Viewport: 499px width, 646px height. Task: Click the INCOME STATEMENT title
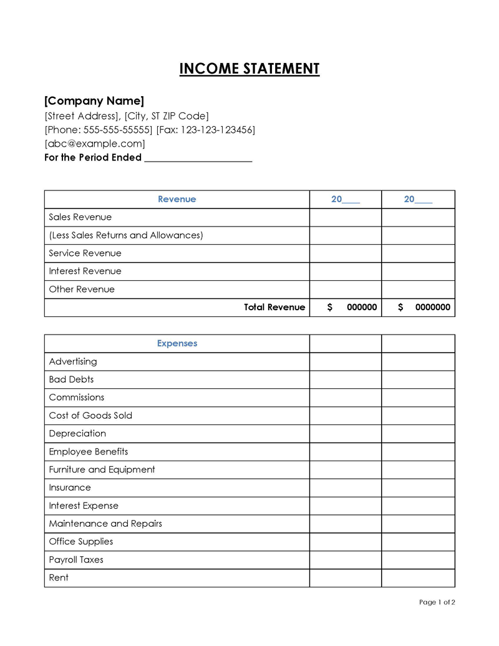click(249, 69)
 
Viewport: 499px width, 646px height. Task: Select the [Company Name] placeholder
click(94, 100)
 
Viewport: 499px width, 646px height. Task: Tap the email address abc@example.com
click(95, 144)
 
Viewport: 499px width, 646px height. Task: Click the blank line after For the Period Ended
click(198, 158)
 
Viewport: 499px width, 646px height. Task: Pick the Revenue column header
click(177, 199)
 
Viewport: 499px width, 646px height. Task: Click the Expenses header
click(177, 343)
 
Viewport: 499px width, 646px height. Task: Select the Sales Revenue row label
click(80, 217)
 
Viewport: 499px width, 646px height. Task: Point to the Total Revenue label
click(274, 307)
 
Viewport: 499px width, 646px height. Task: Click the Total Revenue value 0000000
click(432, 307)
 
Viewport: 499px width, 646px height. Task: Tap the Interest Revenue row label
click(85, 271)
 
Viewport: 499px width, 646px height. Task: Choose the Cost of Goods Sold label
click(90, 415)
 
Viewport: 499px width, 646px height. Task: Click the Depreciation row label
click(77, 433)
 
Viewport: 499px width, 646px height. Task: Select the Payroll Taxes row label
click(76, 559)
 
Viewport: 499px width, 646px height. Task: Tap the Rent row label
click(59, 577)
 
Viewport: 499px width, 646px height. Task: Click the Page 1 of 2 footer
click(437, 602)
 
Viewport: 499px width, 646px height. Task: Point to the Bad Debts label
click(71, 379)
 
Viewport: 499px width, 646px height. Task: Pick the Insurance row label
click(70, 487)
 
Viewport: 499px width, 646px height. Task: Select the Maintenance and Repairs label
click(105, 524)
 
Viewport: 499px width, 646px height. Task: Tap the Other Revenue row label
click(82, 289)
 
